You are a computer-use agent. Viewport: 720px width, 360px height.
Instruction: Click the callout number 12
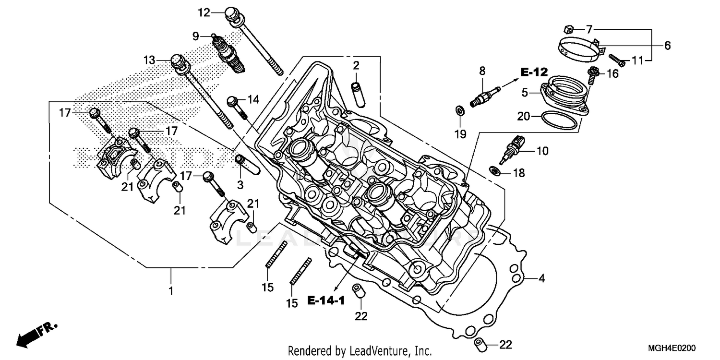pyautogui.click(x=204, y=12)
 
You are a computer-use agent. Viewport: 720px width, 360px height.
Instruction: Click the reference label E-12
pyautogui.click(x=534, y=72)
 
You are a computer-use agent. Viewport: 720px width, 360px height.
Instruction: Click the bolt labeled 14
pyautogui.click(x=237, y=108)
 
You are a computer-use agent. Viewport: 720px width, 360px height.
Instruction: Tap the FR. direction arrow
pyautogui.click(x=36, y=334)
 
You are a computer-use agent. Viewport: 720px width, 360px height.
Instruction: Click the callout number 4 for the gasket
pyautogui.click(x=541, y=278)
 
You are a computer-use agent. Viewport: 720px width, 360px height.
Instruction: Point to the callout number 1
pyautogui.click(x=170, y=291)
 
